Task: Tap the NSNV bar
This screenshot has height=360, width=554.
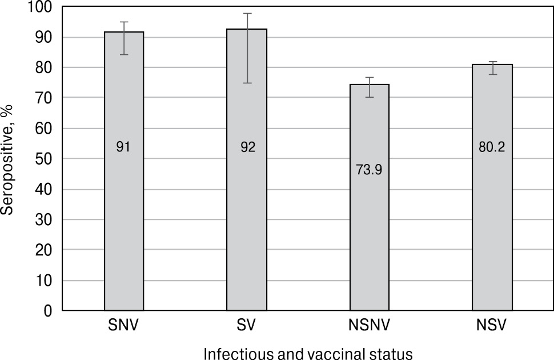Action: click(x=370, y=229)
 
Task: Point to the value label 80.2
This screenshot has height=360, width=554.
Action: click(x=492, y=147)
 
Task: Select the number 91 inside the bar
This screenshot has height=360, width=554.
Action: click(x=124, y=147)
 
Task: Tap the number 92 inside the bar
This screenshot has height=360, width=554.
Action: click(x=247, y=147)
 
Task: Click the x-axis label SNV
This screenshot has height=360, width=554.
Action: click(x=124, y=327)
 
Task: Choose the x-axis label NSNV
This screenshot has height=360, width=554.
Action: click(x=370, y=327)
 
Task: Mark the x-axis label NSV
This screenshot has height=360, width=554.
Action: click(x=492, y=327)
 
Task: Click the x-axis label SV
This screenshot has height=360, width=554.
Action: click(x=247, y=327)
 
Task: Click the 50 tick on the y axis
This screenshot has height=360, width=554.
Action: click(x=44, y=159)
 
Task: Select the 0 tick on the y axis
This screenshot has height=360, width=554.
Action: click(x=48, y=311)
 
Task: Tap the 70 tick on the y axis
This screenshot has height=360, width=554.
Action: click(x=44, y=98)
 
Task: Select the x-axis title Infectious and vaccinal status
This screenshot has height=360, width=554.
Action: click(x=308, y=353)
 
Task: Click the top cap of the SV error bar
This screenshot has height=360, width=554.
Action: click(x=247, y=13)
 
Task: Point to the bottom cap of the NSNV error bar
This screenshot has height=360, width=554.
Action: click(x=370, y=97)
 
